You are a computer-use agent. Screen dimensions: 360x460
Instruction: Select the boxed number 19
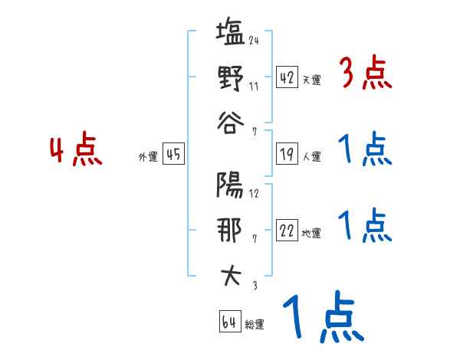286,154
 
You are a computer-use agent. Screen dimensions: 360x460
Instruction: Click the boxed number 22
286,230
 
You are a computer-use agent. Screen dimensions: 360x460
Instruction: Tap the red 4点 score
76,150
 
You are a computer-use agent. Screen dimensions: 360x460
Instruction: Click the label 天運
311,80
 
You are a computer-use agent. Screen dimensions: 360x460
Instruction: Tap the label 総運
255,325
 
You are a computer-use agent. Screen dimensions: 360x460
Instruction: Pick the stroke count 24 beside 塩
254,40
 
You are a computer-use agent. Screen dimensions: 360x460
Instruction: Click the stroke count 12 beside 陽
254,192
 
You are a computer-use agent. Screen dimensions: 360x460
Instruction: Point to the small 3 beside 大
254,284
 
